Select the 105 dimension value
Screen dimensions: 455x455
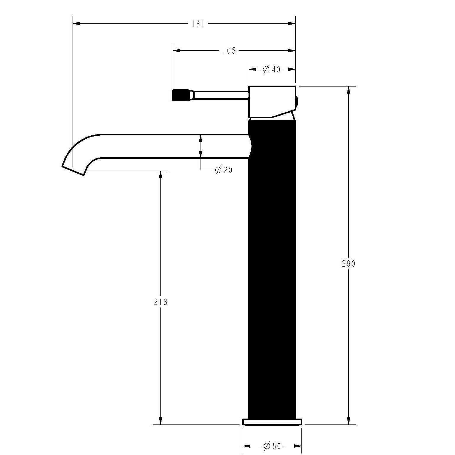pos(229,51)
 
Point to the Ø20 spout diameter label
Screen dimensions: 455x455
pos(224,170)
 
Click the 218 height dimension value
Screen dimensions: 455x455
pos(161,302)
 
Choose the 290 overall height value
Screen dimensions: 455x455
pos(348,264)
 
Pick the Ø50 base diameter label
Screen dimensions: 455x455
pos(272,446)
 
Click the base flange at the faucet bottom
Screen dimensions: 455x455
pos(272,422)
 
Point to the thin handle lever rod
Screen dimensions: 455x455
pos(221,95)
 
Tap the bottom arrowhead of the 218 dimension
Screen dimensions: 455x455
pos(161,421)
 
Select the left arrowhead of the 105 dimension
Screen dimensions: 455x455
pos(177,51)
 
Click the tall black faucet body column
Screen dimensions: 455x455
pos(272,267)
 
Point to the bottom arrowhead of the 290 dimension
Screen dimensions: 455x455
pos(349,421)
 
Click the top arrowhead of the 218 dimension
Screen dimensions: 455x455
pos(161,174)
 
